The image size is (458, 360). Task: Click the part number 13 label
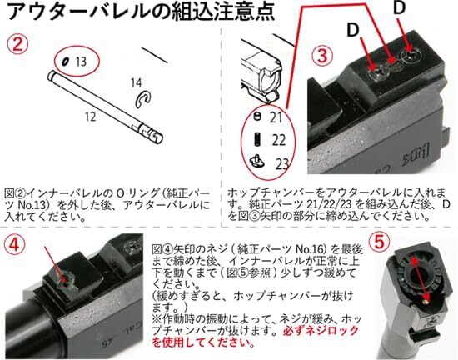[x=80, y=62]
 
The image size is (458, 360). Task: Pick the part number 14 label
[x=136, y=82]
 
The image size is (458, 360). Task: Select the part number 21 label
[x=276, y=118]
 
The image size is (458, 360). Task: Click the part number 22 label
[x=278, y=139]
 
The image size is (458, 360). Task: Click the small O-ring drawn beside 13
[x=63, y=61]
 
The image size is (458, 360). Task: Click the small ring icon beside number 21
[x=256, y=117]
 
